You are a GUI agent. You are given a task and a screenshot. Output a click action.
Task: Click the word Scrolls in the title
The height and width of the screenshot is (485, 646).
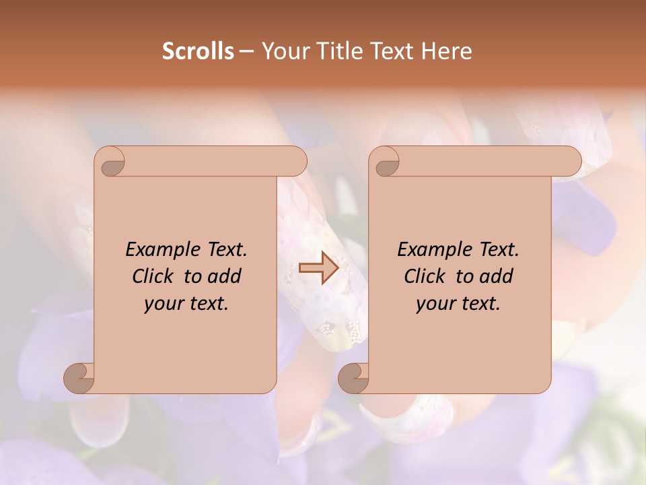pyautogui.click(x=198, y=51)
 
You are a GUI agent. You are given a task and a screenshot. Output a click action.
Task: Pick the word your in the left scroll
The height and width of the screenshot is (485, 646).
pyautogui.click(x=162, y=304)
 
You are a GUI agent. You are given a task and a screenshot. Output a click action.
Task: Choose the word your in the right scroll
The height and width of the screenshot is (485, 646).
pyautogui.click(x=434, y=304)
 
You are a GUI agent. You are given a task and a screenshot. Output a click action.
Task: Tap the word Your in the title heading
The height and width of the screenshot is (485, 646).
pyautogui.click(x=285, y=51)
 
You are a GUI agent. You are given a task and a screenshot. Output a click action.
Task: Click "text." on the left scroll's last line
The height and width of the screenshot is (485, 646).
pyautogui.click(x=207, y=304)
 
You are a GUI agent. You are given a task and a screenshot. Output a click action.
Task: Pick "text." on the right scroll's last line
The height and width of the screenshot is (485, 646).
pyautogui.click(x=478, y=304)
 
